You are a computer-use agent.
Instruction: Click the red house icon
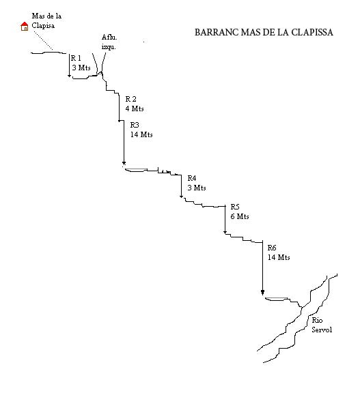tap(25, 27)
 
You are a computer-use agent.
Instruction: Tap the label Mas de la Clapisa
tap(46, 20)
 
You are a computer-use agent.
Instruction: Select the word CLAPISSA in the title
tap(312, 32)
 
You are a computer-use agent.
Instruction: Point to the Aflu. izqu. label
tap(109, 42)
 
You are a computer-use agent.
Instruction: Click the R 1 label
tap(76, 58)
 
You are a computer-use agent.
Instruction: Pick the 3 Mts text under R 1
tap(81, 68)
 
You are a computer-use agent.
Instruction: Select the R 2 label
tap(130, 99)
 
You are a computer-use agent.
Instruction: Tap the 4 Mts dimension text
tap(135, 108)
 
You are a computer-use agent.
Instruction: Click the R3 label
tap(135, 125)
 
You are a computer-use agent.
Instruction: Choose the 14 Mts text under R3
tap(141, 134)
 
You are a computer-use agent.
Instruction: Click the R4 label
tap(192, 178)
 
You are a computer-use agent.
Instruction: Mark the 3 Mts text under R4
tap(197, 188)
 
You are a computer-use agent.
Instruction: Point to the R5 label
tap(235, 207)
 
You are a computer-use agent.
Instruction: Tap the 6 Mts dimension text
tap(240, 216)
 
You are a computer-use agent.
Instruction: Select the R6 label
tap(272, 248)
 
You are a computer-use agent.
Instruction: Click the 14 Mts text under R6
tap(279, 257)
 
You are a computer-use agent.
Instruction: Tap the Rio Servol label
tap(322, 325)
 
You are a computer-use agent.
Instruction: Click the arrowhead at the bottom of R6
tap(262, 293)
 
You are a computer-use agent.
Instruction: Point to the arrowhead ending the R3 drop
tap(124, 164)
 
